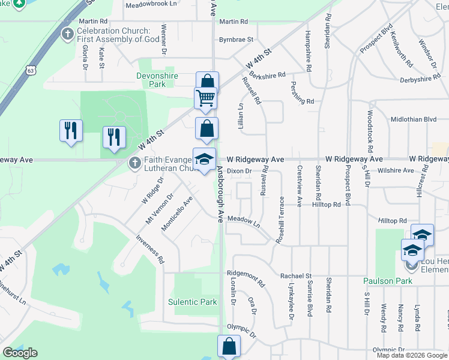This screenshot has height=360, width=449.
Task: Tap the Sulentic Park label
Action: tap(192, 302)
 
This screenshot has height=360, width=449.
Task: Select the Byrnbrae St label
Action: tap(236, 40)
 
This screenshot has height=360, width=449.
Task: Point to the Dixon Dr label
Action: tap(238, 171)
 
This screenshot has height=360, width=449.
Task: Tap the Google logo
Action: tap(20, 353)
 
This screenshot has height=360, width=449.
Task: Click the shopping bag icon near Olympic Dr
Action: tap(229, 346)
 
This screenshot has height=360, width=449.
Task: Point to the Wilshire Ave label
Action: tap(400, 170)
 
